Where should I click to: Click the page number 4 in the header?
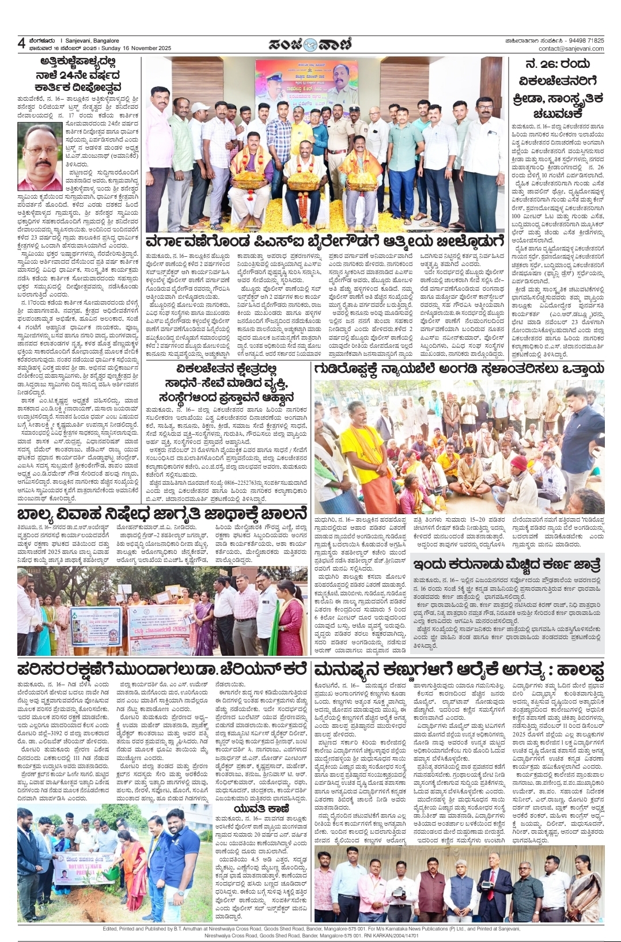pyautogui.click(x=21, y=44)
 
